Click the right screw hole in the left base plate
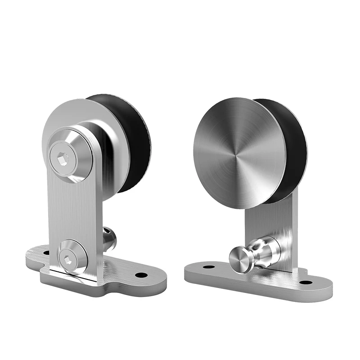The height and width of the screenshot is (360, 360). click(141, 274)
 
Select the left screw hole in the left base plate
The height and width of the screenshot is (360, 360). click(46, 253)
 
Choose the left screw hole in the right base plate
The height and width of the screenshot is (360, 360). click(208, 267)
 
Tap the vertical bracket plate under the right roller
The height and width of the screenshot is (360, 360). click(274, 225)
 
